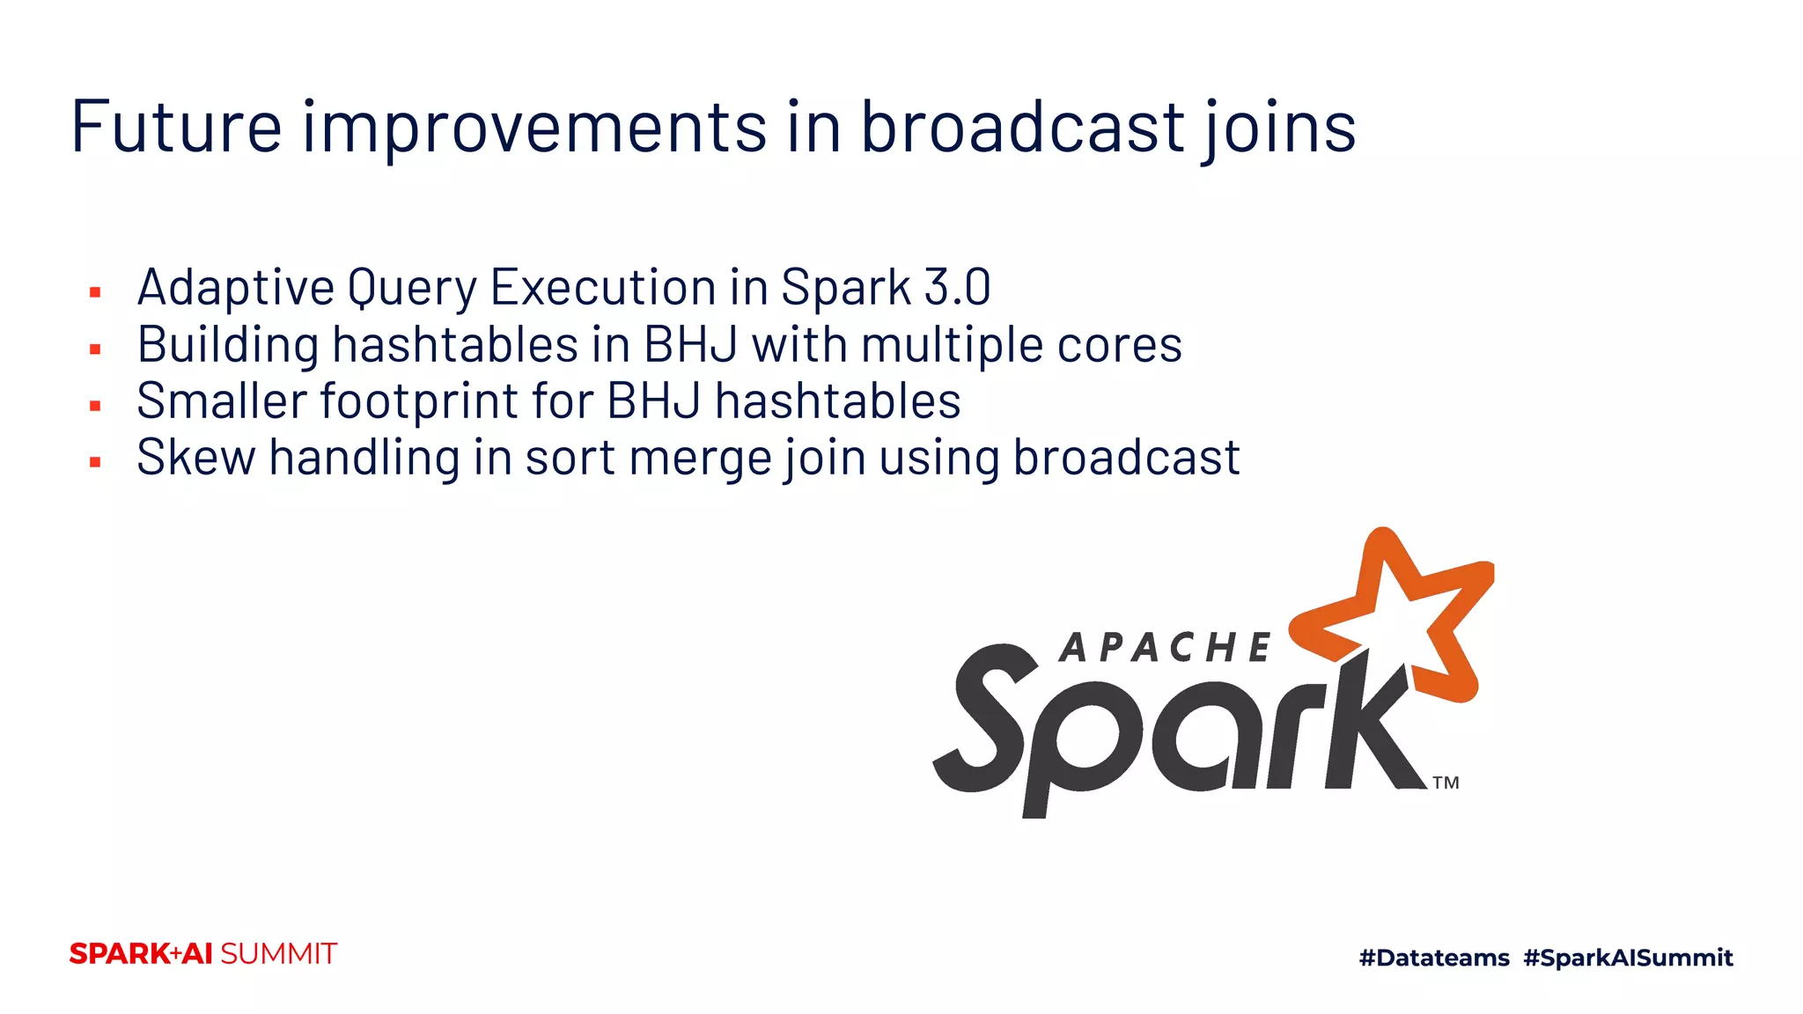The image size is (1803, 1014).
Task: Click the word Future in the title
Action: [x=176, y=128]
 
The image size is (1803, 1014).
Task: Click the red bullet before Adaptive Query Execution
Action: [x=95, y=292]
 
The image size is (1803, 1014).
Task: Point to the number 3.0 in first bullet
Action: [x=957, y=288]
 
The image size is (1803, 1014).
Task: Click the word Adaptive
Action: [x=236, y=289]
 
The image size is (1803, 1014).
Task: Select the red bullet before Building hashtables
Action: [x=95, y=349]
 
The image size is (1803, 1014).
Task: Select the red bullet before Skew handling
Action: [x=95, y=462]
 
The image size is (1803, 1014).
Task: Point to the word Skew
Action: [x=195, y=459]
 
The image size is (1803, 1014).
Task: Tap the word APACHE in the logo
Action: [x=1165, y=649]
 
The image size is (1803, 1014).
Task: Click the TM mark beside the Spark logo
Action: [x=1446, y=783]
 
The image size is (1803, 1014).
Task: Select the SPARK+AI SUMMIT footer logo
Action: [x=202, y=954]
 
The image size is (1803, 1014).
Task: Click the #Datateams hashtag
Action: [x=1433, y=958]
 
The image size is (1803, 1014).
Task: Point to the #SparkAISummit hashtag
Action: [x=1628, y=958]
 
